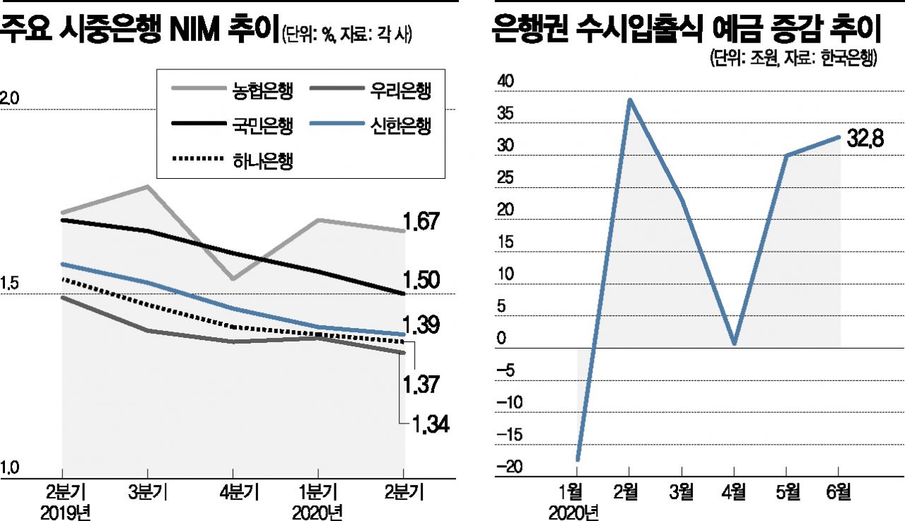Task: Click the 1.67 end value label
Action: click(422, 222)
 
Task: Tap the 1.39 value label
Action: click(422, 326)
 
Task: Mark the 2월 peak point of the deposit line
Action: click(629, 100)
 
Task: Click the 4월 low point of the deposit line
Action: click(735, 344)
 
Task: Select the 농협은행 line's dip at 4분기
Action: click(233, 279)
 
